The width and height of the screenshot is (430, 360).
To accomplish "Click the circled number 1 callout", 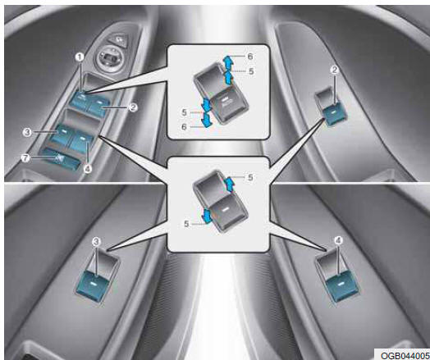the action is pos(80,57).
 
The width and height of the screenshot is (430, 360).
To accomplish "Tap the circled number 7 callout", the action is pos(25,158).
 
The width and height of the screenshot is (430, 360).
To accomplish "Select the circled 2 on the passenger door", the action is pos(334,71).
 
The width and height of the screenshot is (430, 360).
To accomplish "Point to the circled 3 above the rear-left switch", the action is pos(96,241).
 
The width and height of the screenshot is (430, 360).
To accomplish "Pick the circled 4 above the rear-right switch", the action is pos(339,240).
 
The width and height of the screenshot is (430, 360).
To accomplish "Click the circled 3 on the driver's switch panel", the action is pos(27,133).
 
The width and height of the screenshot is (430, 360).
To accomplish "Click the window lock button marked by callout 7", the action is pos(61,159).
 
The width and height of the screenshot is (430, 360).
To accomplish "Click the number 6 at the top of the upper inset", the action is pos(250,56).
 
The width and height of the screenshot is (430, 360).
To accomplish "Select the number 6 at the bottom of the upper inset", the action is pos(185,126).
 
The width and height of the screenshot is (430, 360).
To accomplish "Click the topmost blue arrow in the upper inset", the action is pos(227,61).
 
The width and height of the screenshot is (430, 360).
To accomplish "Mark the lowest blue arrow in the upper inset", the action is pos(206,121).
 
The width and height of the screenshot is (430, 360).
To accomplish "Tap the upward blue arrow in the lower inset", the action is pos(228,183).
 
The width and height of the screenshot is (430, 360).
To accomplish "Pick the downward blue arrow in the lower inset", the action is pos(207,216).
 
